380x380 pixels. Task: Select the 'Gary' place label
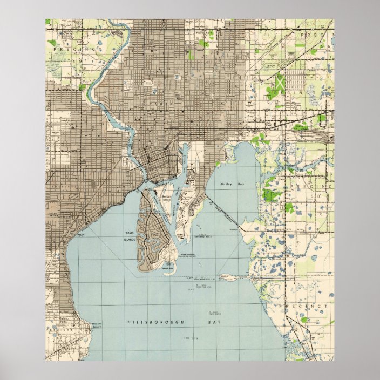250,116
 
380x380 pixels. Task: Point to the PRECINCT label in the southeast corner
303,306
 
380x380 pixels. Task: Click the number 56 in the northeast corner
326,47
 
